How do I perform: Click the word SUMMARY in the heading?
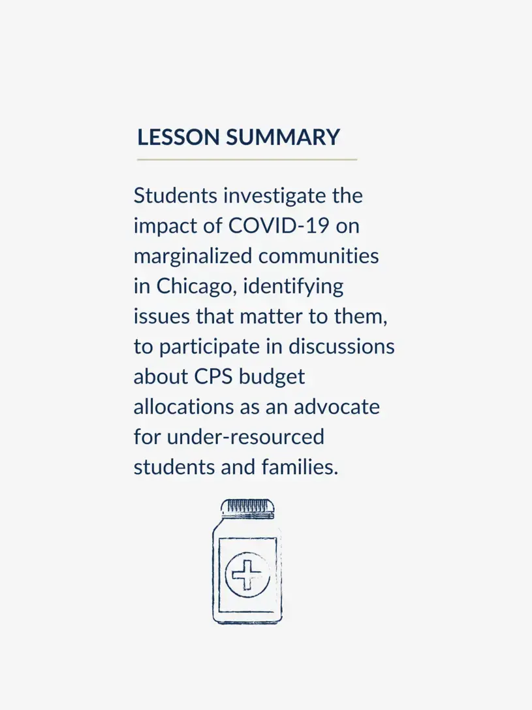click(x=283, y=138)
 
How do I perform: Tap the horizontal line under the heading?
click(x=247, y=159)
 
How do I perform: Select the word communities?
click(x=319, y=256)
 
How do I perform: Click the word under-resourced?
click(x=245, y=436)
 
